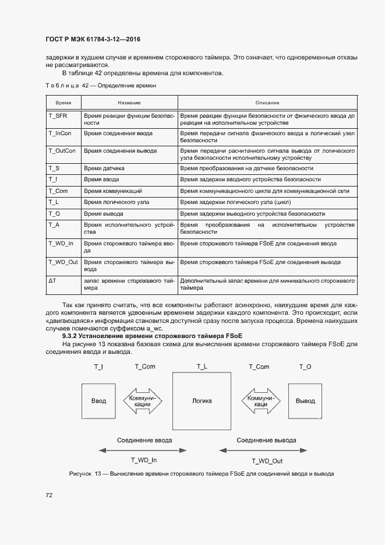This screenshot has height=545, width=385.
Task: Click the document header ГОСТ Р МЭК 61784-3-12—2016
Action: click(x=93, y=40)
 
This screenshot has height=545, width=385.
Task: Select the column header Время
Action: click(x=63, y=102)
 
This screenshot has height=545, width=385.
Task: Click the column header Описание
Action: click(x=267, y=102)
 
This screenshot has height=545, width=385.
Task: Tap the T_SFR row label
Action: click(x=58, y=116)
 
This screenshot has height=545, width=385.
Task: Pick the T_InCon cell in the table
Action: click(x=60, y=133)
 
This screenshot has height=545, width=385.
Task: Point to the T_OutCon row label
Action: click(x=62, y=151)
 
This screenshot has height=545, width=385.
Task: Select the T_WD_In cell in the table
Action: click(x=61, y=243)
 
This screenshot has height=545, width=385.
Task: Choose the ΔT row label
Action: click(x=52, y=280)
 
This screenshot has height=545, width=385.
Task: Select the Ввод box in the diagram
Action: click(x=99, y=400)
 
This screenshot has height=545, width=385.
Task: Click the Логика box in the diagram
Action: click(x=202, y=400)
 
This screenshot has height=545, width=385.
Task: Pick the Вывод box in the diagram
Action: click(x=305, y=400)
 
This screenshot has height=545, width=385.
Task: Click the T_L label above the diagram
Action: click(x=202, y=367)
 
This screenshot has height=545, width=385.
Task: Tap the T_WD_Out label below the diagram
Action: click(x=267, y=460)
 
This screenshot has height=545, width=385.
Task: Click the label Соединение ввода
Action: click(x=144, y=440)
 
